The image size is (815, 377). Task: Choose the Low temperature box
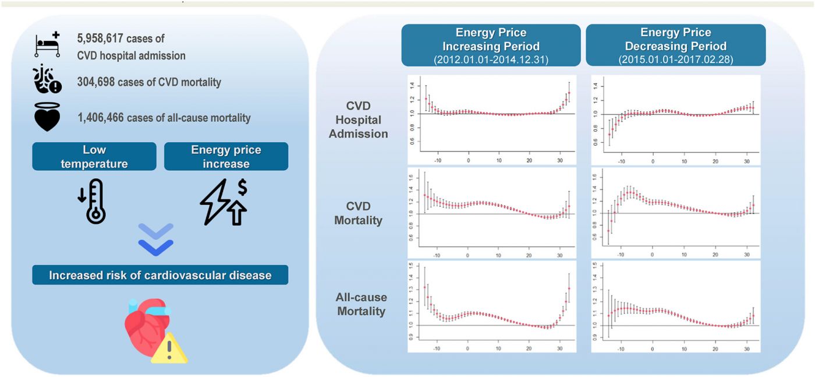(x=94, y=157)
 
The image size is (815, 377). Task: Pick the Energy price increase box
(x=226, y=157)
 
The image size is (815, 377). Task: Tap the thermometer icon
(x=94, y=202)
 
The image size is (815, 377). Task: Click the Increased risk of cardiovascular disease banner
(x=160, y=274)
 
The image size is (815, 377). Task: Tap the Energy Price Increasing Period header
(x=491, y=38)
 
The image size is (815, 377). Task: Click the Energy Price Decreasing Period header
(x=675, y=38)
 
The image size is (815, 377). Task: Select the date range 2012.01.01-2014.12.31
(x=491, y=58)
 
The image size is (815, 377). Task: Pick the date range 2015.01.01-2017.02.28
(x=675, y=58)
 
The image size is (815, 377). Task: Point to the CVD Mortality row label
(x=358, y=213)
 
